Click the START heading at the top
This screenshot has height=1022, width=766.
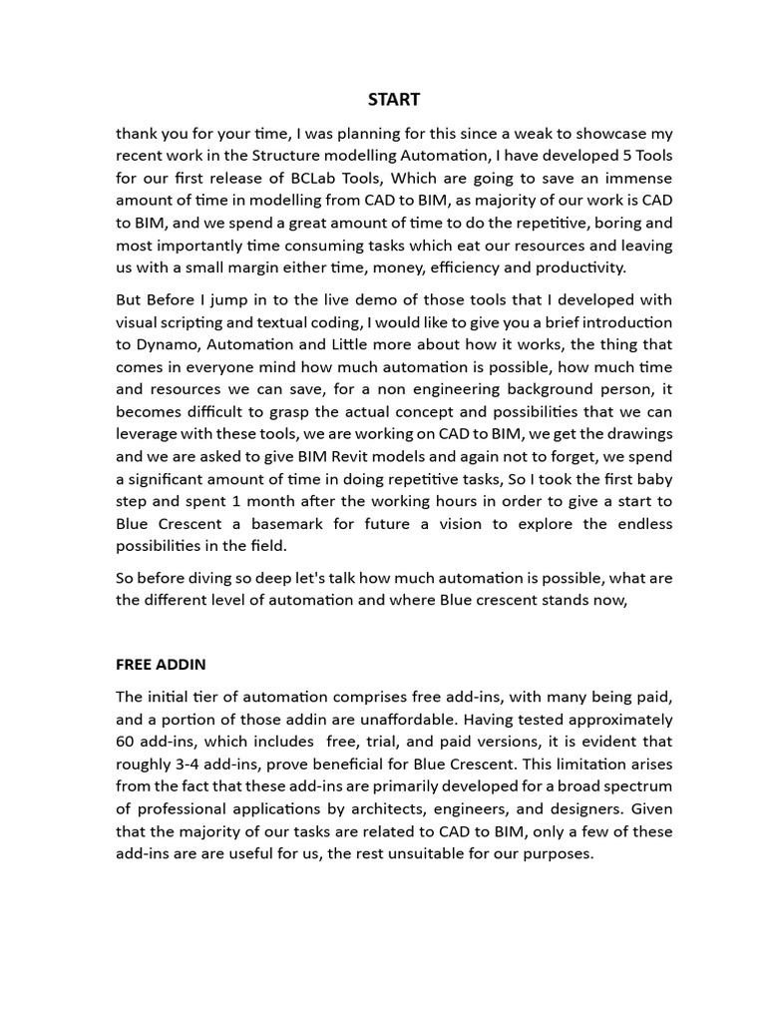[394, 99]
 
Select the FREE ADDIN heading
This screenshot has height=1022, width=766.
[161, 664]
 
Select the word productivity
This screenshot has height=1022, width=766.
[579, 267]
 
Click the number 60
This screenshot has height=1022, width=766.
[127, 742]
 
